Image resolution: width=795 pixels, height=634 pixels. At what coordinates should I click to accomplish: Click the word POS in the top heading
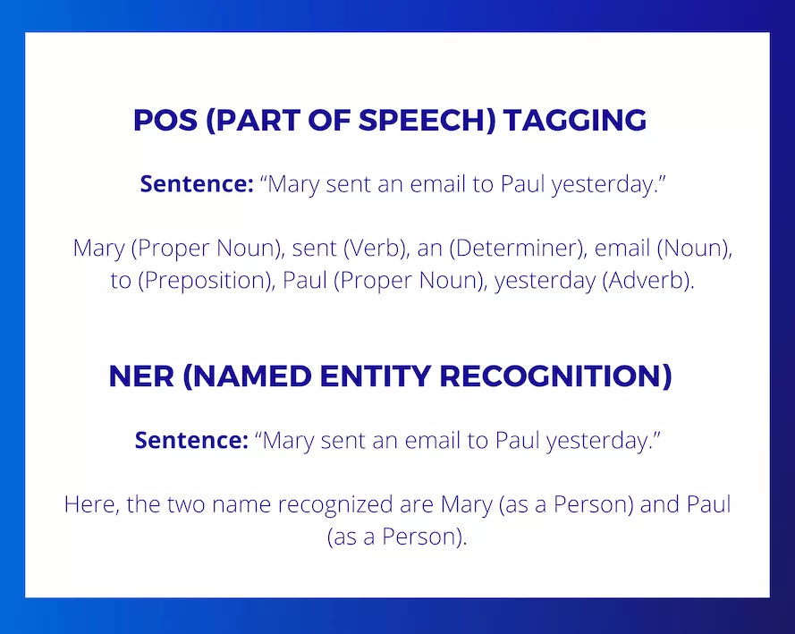[165, 120]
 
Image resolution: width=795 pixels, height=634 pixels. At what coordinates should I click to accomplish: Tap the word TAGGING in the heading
[575, 120]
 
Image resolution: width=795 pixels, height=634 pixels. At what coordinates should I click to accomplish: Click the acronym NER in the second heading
[141, 376]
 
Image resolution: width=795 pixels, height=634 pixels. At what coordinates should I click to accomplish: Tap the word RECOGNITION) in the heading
[555, 376]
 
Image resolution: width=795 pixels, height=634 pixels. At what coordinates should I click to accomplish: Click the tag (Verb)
[376, 248]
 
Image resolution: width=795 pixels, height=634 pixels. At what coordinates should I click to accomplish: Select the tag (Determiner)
[518, 248]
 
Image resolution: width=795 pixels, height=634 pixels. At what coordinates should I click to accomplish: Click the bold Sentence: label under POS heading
[197, 183]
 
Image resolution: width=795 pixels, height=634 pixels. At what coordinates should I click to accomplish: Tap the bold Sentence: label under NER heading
[191, 440]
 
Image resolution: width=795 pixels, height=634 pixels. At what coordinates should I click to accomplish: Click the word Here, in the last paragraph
[92, 504]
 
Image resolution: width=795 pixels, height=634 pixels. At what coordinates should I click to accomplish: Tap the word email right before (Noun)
[622, 248]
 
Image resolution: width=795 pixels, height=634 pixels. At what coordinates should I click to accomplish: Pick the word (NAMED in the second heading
[247, 376]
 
